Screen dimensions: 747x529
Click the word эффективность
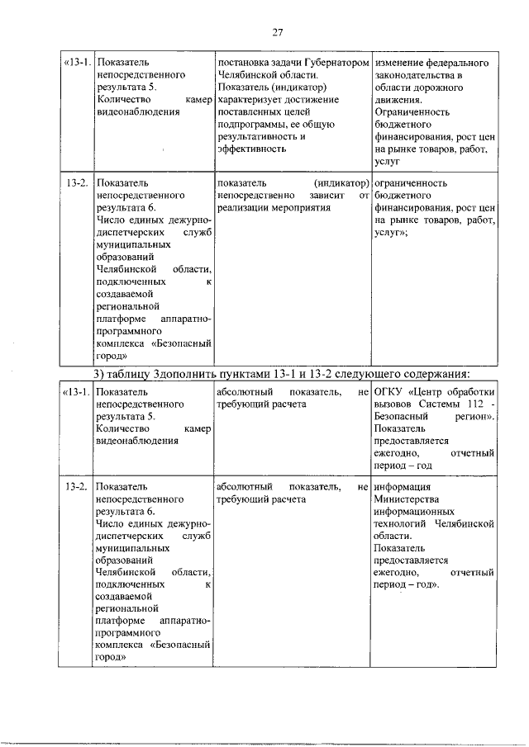[x=251, y=149]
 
